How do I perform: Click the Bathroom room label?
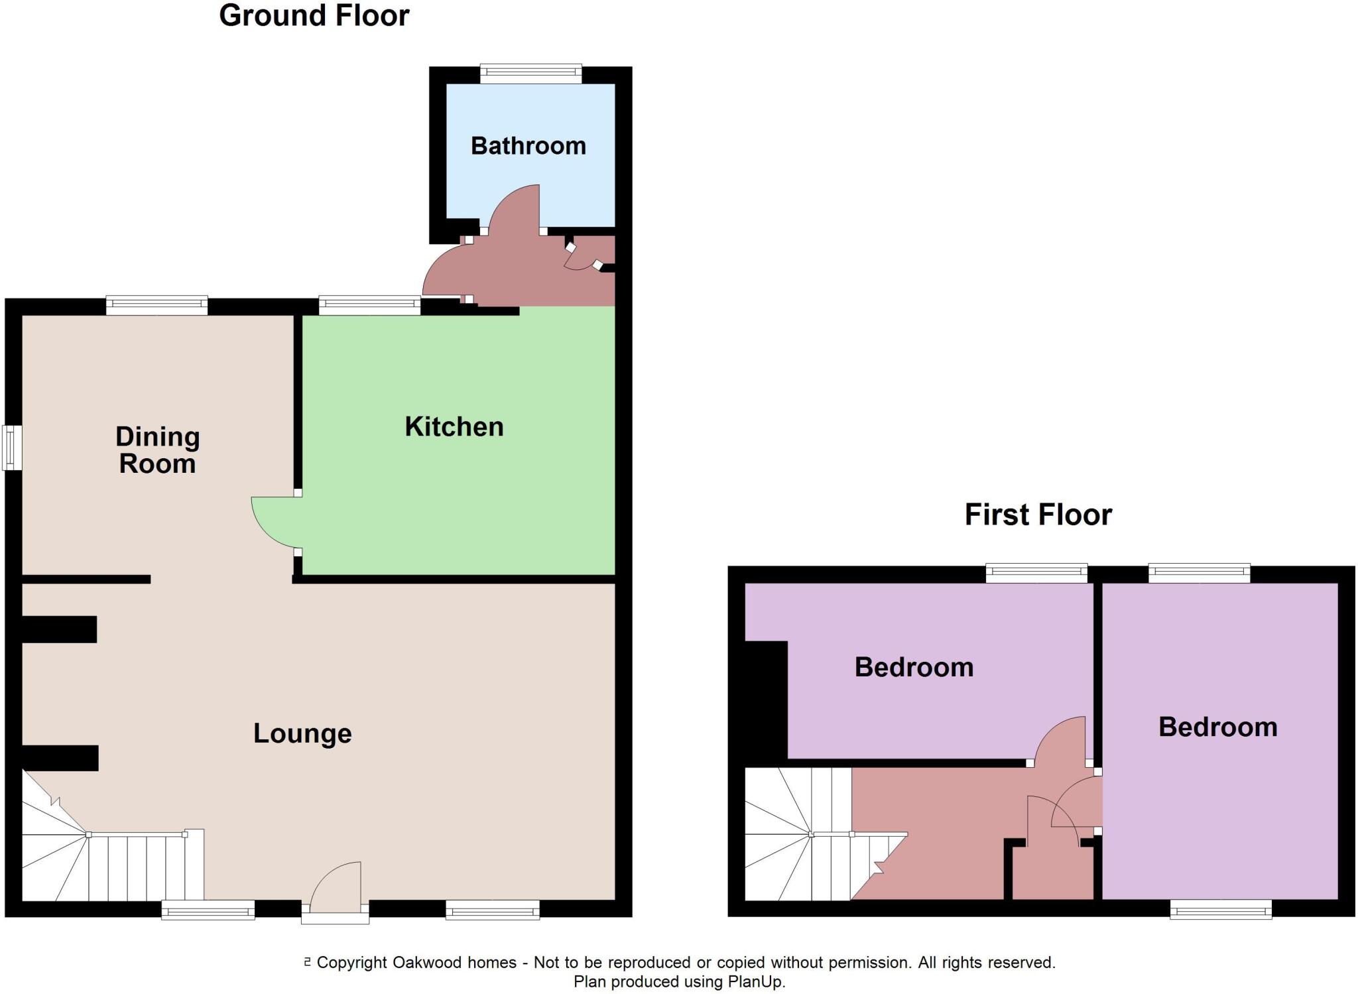[528, 146]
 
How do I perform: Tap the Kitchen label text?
[454, 427]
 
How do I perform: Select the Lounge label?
[302, 733]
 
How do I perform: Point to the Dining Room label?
[157, 450]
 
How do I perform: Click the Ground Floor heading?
[314, 16]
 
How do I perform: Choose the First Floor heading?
[1038, 515]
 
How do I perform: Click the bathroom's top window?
[530, 73]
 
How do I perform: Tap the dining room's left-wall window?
[11, 448]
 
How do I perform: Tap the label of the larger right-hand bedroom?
[1217, 727]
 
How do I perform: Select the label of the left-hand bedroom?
[914, 667]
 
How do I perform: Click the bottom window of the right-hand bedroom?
[1220, 909]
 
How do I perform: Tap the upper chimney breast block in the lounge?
[60, 629]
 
